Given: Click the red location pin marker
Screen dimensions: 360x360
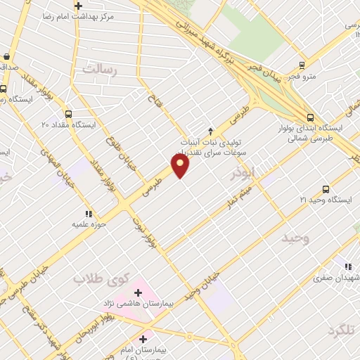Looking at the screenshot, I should pos(181,166).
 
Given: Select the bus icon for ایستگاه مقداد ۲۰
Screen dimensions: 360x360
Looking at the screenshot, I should pos(68,114).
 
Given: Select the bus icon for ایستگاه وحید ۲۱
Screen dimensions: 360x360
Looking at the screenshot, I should pos(325,189).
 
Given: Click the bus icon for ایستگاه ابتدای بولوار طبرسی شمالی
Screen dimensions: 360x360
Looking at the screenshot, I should pos(310,117).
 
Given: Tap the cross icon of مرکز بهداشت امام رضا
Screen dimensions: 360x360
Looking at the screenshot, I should pos(78,6).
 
